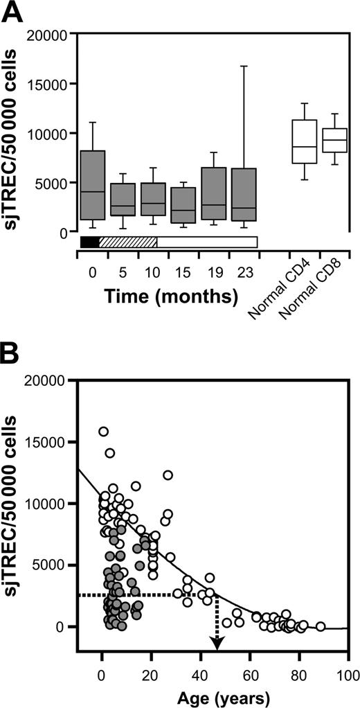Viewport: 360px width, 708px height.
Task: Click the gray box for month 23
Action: [x=244, y=195]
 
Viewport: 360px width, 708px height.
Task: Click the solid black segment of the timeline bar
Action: [x=90, y=242]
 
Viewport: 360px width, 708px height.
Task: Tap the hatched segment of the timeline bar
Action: [x=128, y=242]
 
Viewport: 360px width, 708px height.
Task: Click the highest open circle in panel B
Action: [x=103, y=432]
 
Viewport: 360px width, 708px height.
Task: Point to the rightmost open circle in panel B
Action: [x=321, y=626]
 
